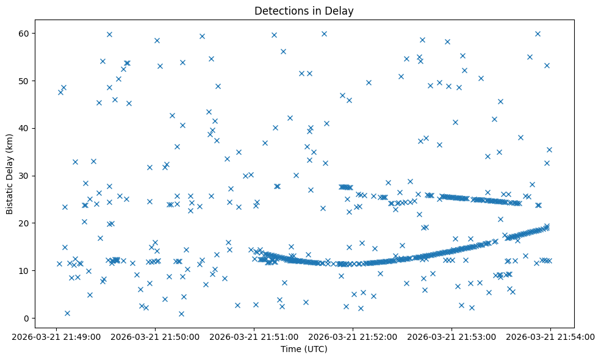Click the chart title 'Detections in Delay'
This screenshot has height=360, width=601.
pos(304,11)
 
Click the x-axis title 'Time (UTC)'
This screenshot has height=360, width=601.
pos(304,349)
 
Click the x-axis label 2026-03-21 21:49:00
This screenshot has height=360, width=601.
pos(57,336)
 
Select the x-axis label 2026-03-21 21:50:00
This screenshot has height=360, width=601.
pos(155,336)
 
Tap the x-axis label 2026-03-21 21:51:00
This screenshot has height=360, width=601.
pos(254,336)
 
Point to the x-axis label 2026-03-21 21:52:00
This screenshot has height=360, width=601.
pos(353,336)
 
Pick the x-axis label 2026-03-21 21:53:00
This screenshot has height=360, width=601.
pos(452,336)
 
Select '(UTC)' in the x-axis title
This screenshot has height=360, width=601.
pos(315,349)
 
